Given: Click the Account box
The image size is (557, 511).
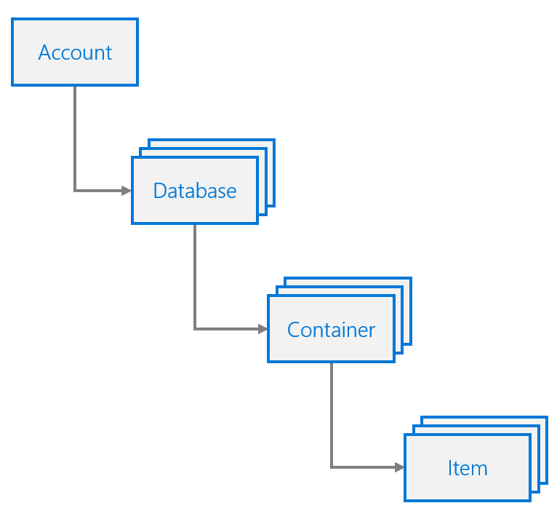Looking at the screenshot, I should point(75,52).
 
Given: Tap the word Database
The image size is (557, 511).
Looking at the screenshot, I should point(194,191).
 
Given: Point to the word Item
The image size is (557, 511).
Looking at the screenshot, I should point(468,468).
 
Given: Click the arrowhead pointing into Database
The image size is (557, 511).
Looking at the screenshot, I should point(127,191).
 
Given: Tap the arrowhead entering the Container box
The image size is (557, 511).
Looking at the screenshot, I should point(263,329).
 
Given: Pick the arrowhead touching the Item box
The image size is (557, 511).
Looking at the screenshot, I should point(400,467).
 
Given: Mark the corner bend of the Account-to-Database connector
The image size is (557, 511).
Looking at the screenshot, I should point(75,191).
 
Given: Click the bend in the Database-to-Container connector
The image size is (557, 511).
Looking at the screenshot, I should point(195,329).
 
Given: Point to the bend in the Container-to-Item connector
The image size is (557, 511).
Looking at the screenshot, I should point(332,467).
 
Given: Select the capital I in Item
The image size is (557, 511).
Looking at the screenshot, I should point(450,468).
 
